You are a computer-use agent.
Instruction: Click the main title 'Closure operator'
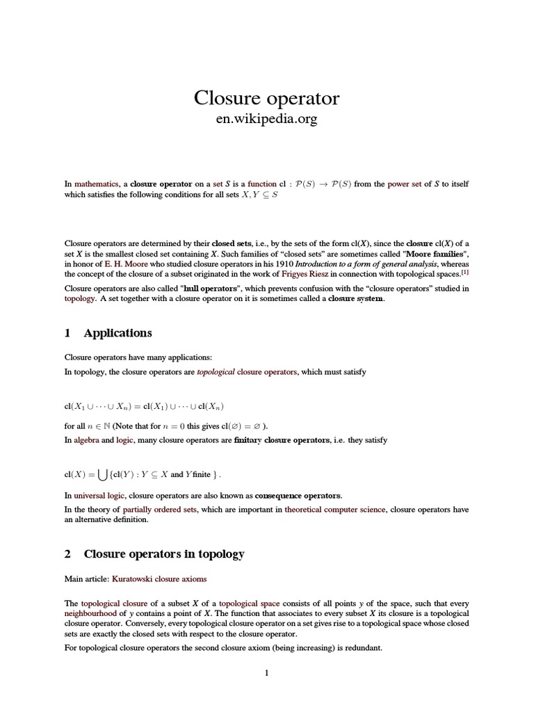coord(266,98)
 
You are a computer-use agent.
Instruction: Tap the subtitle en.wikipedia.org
coord(267,119)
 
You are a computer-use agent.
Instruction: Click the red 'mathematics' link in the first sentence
coord(97,184)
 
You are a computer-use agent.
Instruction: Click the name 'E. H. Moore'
coord(126,265)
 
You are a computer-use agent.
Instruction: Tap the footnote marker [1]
coord(465,273)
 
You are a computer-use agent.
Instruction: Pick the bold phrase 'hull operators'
coord(210,288)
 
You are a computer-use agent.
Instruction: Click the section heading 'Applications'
coord(118,333)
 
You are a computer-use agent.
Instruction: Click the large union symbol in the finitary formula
coord(103,475)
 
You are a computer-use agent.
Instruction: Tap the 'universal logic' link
coord(99,495)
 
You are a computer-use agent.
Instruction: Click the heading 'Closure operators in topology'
coord(164,554)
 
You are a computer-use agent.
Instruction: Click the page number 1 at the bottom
coord(266,673)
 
